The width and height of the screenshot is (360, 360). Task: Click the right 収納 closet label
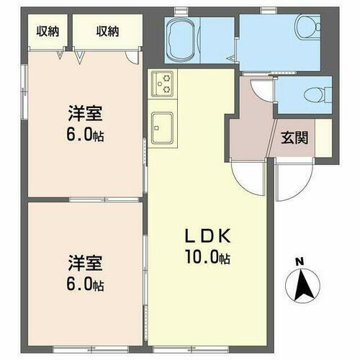[107, 31]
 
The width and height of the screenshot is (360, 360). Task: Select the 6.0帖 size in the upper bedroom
[86, 135]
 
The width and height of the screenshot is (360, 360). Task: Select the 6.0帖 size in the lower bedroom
[86, 284]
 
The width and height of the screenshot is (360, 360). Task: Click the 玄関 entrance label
[295, 138]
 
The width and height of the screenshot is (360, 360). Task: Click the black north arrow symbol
[304, 285]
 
